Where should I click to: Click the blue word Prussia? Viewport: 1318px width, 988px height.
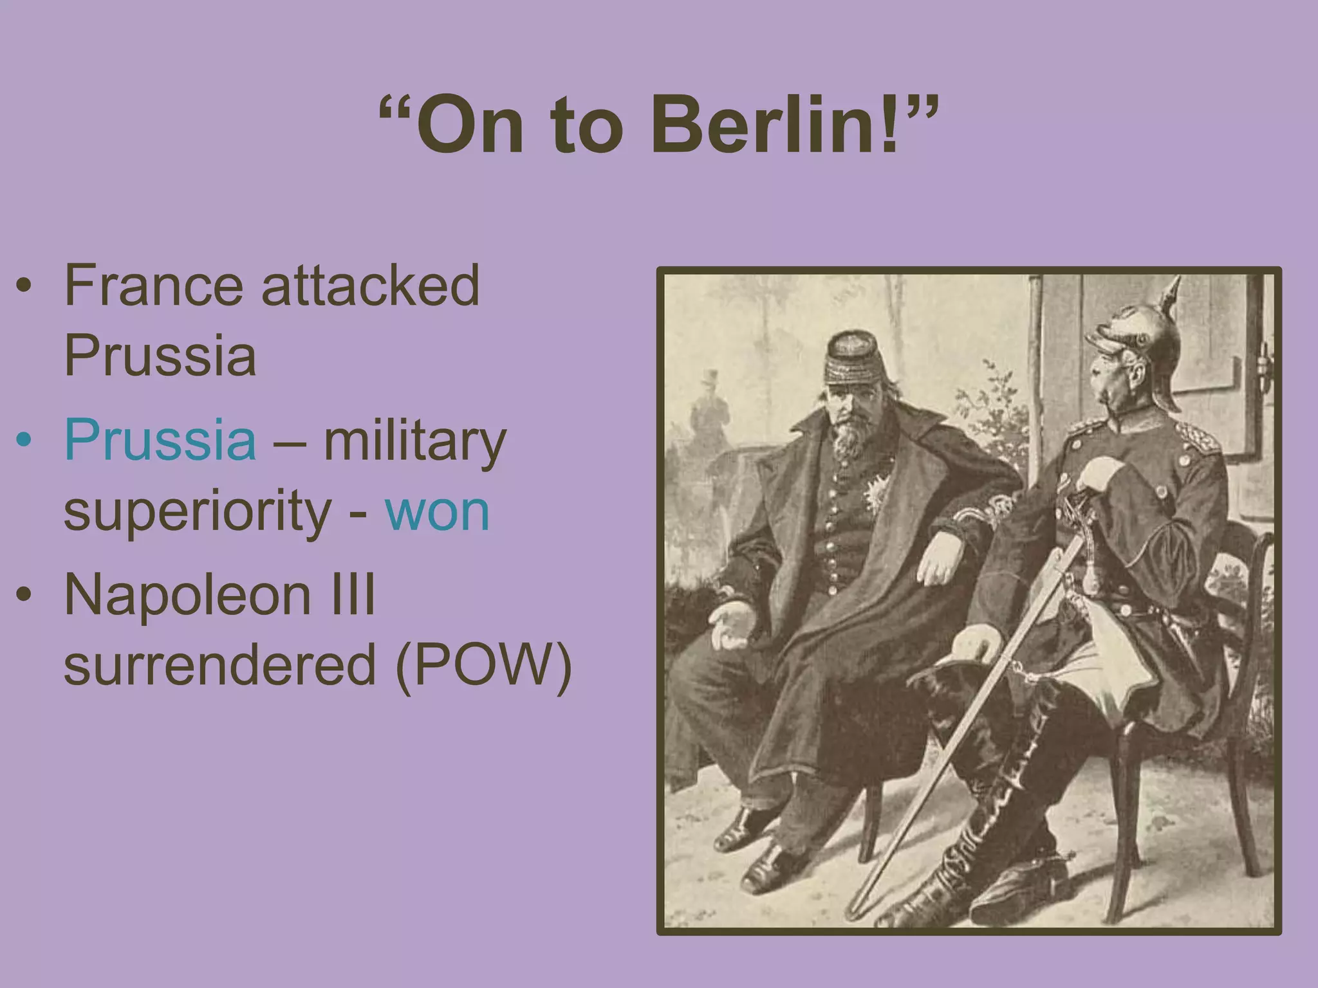click(160, 440)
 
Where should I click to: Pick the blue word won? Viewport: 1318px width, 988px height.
click(438, 511)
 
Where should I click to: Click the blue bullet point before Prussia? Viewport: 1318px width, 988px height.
click(24, 440)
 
